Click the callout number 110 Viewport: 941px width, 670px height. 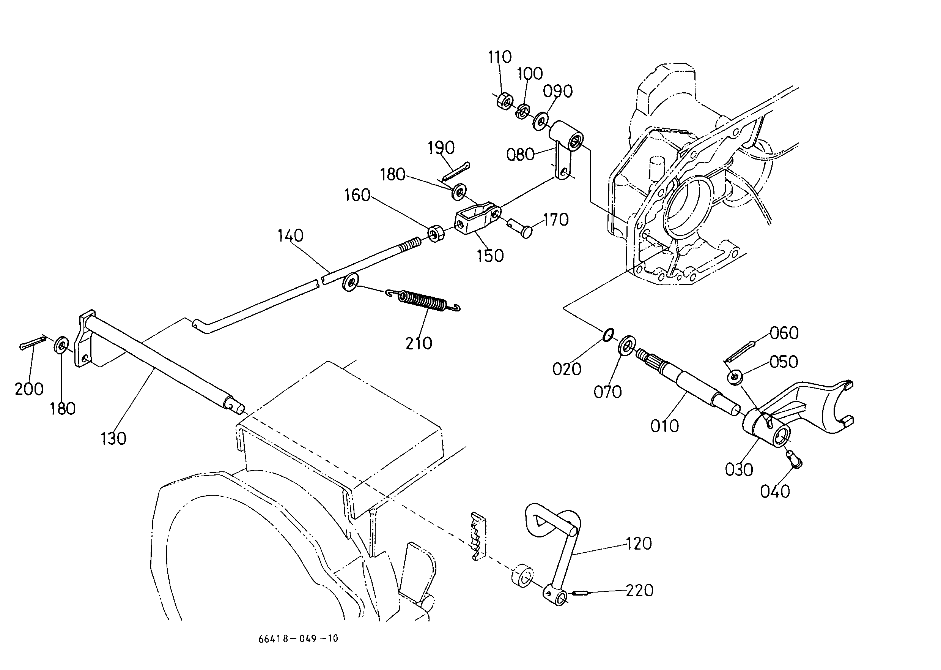click(500, 57)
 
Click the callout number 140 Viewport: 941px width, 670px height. click(290, 235)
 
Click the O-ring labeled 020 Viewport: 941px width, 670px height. click(608, 335)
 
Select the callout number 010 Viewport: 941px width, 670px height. click(664, 426)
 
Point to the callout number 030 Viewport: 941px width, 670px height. click(739, 470)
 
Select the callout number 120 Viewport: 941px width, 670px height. click(639, 544)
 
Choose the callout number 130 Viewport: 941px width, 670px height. click(113, 439)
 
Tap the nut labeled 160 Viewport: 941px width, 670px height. click(436, 234)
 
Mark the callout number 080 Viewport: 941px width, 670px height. click(520, 155)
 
